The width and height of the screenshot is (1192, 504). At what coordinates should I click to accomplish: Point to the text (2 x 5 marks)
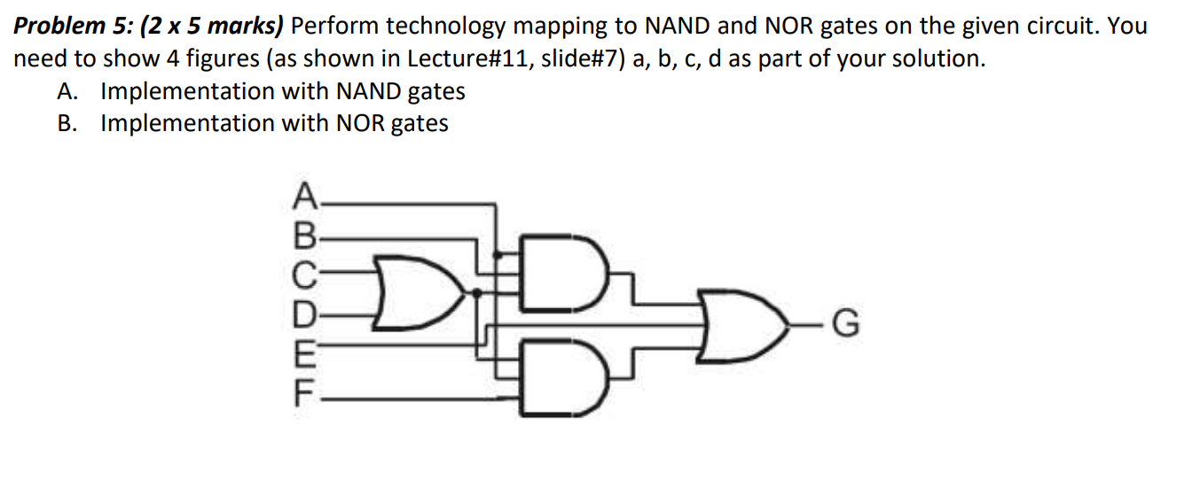click(212, 27)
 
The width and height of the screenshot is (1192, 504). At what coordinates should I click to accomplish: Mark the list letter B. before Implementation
click(68, 123)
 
